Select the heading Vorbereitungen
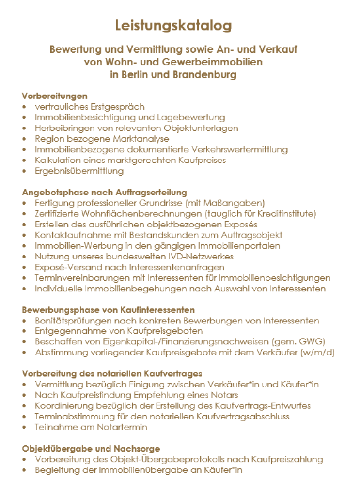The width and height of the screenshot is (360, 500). point(54,96)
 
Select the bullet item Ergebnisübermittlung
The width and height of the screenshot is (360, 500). point(79,171)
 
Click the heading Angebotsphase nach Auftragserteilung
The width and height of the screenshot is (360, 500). point(104,193)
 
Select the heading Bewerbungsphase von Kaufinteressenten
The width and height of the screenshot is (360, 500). point(108,310)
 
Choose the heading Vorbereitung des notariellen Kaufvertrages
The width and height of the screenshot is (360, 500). point(112,374)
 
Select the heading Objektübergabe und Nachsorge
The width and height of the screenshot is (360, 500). point(91,449)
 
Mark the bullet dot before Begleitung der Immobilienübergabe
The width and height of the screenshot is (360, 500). point(25,470)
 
